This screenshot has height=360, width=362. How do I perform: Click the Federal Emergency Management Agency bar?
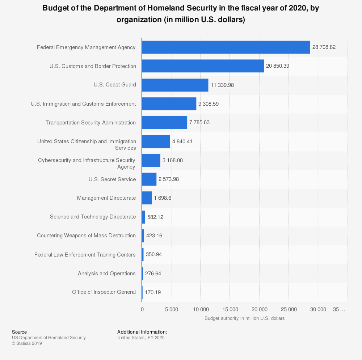pyautogui.click(x=226, y=47)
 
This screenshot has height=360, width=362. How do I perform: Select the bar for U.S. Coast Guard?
pyautogui.click(x=175, y=85)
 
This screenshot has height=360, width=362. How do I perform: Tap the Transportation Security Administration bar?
pyautogui.click(x=164, y=123)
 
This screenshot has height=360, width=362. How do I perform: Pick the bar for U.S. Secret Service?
pyautogui.click(x=149, y=179)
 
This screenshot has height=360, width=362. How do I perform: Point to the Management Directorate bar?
pyautogui.click(x=147, y=198)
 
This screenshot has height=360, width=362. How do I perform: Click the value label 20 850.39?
pyautogui.click(x=278, y=66)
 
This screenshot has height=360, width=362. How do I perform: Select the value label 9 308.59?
pyautogui.click(x=209, y=104)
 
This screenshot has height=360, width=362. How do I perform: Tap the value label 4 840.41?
pyautogui.click(x=182, y=141)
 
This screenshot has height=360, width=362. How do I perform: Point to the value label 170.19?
pyautogui.click(x=153, y=292)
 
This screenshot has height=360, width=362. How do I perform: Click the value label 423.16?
pyautogui.click(x=154, y=236)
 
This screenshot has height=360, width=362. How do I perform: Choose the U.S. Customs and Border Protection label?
pyautogui.click(x=93, y=66)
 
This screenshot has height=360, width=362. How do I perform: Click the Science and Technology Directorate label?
pyautogui.click(x=93, y=217)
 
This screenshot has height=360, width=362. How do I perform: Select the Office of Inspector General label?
pyautogui.click(x=104, y=292)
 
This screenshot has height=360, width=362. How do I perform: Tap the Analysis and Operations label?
pyautogui.click(x=107, y=274)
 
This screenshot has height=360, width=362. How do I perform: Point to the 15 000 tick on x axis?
pyautogui.click(x=230, y=309)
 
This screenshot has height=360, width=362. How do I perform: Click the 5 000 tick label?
pyautogui.click(x=171, y=309)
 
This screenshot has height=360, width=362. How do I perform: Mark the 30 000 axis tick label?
pyautogui.click(x=318, y=309)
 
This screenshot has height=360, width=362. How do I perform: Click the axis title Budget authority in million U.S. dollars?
pyautogui.click(x=244, y=318)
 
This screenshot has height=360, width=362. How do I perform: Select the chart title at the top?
pyautogui.click(x=181, y=14)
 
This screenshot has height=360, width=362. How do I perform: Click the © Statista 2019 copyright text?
pyautogui.click(x=27, y=343)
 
